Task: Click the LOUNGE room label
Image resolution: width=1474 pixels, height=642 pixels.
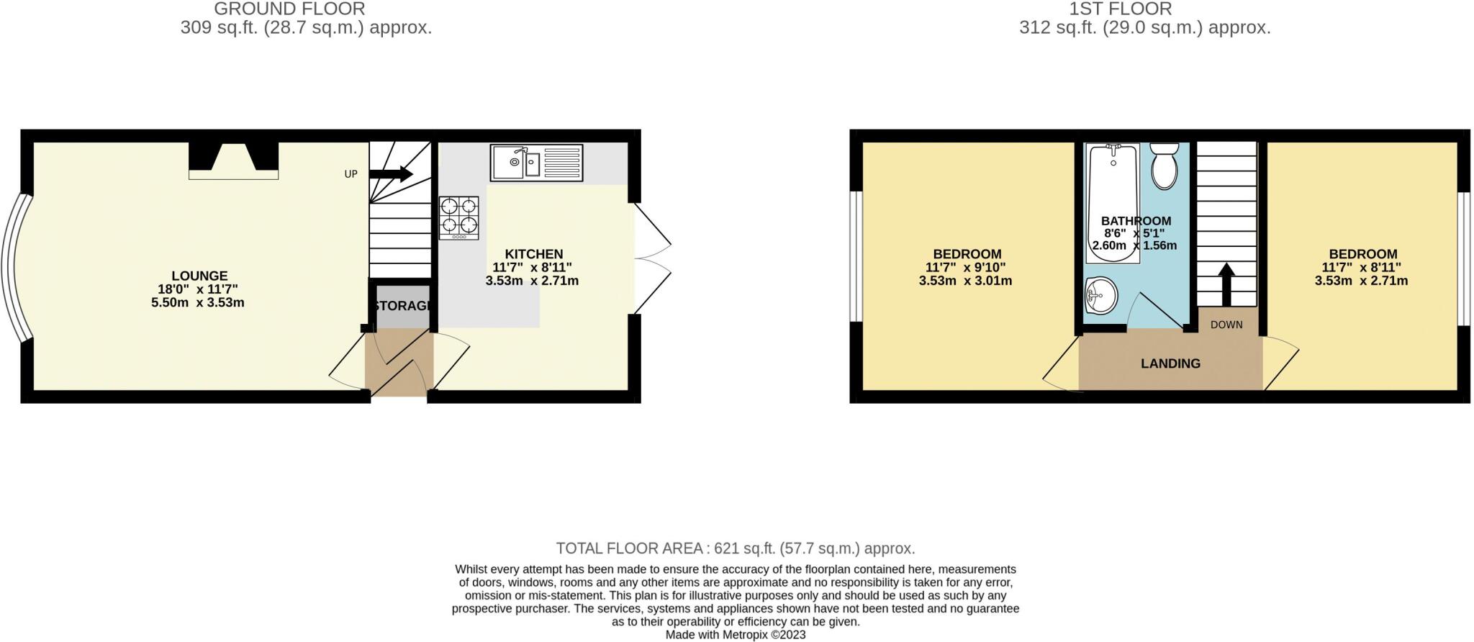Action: pos(199,276)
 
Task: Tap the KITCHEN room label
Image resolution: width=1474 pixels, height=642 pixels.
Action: pos(533,254)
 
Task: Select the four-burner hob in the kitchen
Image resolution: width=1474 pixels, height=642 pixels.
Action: pos(458,217)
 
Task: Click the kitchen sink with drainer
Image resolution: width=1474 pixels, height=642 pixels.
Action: pos(537,163)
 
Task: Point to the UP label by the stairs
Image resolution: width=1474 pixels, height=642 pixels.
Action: pos(351,174)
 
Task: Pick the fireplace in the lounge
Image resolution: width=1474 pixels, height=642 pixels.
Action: pos(233,160)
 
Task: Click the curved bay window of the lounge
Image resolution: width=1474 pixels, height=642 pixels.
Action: pos(16,266)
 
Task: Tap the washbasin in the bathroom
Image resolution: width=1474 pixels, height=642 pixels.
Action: pos(1100,295)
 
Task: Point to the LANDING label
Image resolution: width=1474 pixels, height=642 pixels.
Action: pos(1170,363)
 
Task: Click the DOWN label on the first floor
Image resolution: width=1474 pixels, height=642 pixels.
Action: pos(1226,325)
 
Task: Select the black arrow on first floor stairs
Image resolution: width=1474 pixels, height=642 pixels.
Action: pos(1226,285)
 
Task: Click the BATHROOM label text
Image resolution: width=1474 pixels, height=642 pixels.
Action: pos(1136,221)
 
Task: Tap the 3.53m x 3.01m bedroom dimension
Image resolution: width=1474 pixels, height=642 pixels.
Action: pos(965,281)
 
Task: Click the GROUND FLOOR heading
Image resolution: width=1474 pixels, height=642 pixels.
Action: pos(289,9)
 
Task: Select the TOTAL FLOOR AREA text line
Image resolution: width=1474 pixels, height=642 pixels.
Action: pos(736,548)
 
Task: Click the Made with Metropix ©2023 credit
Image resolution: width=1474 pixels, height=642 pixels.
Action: pos(736,635)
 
